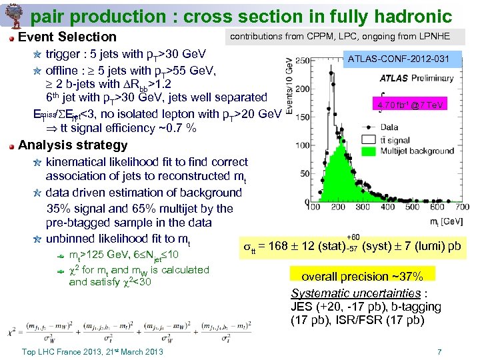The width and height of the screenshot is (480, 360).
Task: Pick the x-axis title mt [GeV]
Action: (445, 219)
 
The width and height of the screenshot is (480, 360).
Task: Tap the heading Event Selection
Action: (67, 37)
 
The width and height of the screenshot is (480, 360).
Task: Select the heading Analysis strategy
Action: (73, 145)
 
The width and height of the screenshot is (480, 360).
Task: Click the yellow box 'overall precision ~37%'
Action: (362, 276)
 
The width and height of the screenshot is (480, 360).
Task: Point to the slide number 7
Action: (439, 351)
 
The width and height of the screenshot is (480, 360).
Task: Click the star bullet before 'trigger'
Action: (37, 55)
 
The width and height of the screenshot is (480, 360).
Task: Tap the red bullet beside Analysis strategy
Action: (11, 146)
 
